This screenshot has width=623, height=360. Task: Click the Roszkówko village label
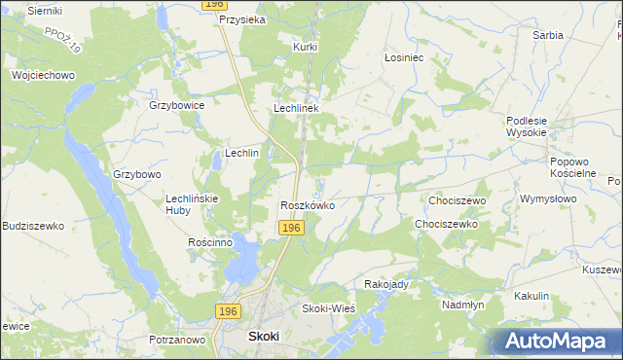(308, 205)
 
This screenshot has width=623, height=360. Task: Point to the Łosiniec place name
(403, 57)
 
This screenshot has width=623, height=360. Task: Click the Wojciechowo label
(43, 75)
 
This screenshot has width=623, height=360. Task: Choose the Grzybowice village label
(176, 105)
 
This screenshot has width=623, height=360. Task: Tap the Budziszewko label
(33, 226)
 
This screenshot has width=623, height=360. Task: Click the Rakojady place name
(385, 284)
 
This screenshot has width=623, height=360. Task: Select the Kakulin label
(532, 296)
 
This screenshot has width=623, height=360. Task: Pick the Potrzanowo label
(177, 340)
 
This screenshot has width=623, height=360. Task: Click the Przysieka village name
(242, 18)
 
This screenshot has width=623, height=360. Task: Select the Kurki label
(306, 46)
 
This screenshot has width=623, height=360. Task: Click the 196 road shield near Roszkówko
(292, 227)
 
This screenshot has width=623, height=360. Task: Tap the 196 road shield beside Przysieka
(215, 5)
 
